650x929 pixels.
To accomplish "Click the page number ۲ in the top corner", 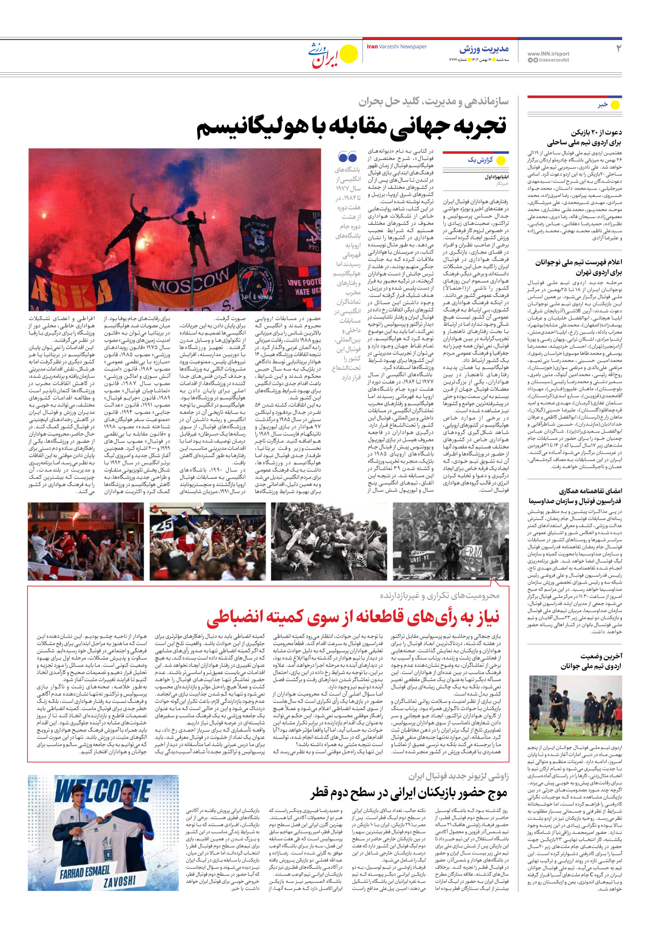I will click(x=618, y=49).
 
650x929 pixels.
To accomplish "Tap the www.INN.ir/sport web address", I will click(x=548, y=54).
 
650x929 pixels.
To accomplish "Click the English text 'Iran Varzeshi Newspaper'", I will click(x=397, y=47).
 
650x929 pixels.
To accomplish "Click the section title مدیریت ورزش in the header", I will click(x=484, y=49).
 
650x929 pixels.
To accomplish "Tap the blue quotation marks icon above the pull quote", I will click(x=347, y=157).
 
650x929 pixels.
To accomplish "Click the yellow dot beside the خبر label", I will click(x=615, y=105).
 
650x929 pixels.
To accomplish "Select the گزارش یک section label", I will click(x=479, y=160).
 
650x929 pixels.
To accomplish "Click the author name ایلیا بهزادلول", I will click(x=496, y=177).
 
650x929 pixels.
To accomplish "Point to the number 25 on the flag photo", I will click(x=165, y=525).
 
